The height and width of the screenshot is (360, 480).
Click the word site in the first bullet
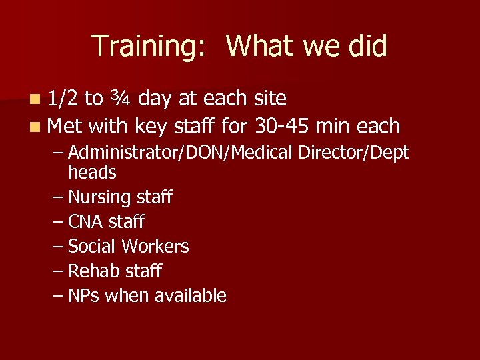coord(270,99)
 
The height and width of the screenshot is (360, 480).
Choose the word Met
coord(65,125)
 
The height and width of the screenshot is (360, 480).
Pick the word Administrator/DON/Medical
coord(181,153)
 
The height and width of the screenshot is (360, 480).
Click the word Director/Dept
coord(353,153)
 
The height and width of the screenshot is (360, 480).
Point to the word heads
coord(92,173)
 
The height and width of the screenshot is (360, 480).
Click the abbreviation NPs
coord(84,296)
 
